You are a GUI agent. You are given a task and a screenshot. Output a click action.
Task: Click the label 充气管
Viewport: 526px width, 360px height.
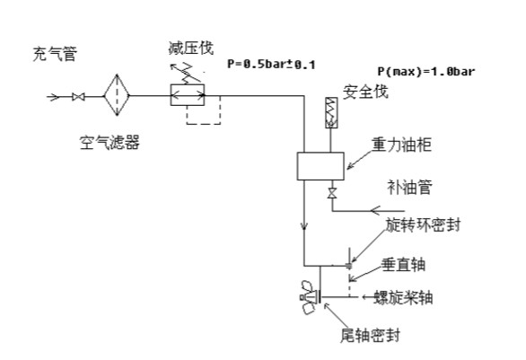tap(55, 54)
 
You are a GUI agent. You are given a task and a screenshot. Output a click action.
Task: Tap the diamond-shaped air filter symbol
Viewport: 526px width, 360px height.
tap(117, 95)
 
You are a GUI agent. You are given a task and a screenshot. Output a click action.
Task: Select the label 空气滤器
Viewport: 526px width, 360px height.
tap(110, 142)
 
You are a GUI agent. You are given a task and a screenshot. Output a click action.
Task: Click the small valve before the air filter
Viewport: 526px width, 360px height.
tap(78, 97)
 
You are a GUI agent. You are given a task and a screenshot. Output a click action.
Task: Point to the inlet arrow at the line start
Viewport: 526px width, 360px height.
tap(53, 97)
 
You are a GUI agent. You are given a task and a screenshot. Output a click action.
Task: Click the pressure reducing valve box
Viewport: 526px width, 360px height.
tap(188, 95)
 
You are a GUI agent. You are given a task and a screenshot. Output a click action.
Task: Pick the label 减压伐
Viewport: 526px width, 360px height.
tap(191, 48)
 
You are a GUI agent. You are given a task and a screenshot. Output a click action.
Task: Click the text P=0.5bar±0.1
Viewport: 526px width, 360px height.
tap(271, 64)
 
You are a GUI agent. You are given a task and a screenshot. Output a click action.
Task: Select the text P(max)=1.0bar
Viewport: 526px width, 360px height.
tap(426, 71)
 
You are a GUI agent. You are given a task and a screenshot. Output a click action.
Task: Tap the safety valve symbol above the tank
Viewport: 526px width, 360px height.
tap(331, 113)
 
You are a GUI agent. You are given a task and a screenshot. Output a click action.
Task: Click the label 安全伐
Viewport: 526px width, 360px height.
tap(365, 92)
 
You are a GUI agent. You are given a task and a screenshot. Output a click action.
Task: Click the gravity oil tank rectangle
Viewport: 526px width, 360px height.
tap(320, 166)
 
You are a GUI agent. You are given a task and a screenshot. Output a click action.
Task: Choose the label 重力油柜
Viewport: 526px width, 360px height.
tap(401, 145)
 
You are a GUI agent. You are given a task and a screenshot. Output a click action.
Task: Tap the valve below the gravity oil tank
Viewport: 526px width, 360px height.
tap(332, 194)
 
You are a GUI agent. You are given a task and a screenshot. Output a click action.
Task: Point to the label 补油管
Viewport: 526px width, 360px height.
tap(409, 187)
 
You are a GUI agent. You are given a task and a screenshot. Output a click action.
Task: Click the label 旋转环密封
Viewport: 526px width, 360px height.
tap(423, 224)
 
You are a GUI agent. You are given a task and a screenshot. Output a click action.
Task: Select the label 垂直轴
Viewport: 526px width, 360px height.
tap(404, 265)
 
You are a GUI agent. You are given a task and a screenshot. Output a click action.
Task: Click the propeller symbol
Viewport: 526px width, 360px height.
tap(311, 297)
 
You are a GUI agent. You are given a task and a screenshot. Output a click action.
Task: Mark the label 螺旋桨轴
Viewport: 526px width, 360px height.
tap(404, 297)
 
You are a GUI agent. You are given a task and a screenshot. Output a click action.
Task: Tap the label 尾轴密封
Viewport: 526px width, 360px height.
tap(371, 335)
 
